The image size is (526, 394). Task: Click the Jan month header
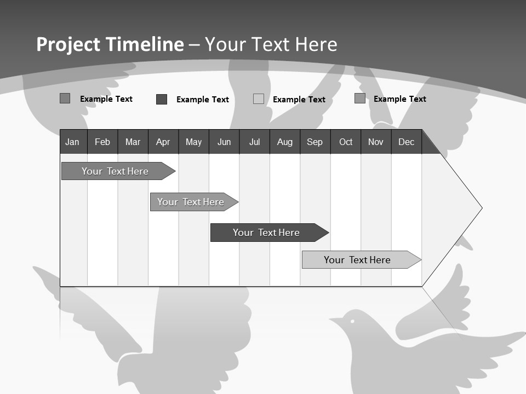point(73,142)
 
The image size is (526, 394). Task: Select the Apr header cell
point(163,142)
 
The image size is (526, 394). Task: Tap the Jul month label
point(254,142)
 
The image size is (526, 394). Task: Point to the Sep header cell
point(315,142)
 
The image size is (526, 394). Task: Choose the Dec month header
point(406,142)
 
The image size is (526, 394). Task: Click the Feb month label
point(102,142)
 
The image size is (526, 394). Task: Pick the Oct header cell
point(346,142)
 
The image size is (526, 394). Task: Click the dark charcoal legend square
point(162,99)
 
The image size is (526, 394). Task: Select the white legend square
point(259,99)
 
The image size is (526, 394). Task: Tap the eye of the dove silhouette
point(352,320)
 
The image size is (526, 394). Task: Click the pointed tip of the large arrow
point(481,208)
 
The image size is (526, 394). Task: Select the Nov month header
point(376,142)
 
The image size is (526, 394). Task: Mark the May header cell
point(193,142)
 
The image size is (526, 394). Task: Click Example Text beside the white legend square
point(299,100)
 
